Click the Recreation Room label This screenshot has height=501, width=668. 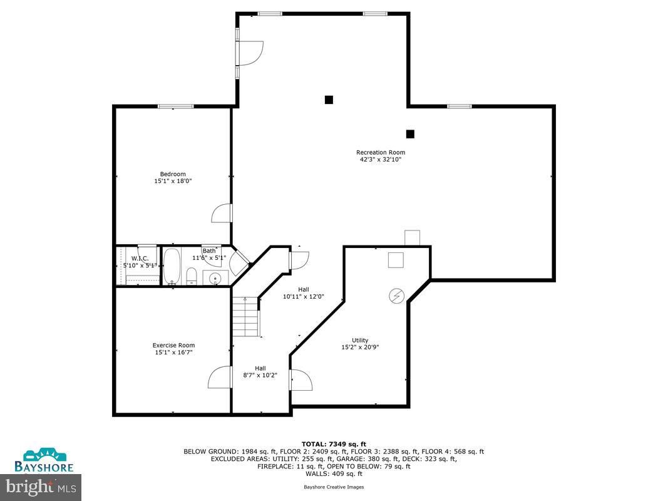380,152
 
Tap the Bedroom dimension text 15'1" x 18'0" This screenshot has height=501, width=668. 172,181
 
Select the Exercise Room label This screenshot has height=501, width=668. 173,345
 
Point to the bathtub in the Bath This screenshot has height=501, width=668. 172,266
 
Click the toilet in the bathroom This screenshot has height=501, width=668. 192,276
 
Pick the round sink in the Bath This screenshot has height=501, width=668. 215,277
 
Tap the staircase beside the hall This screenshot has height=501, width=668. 245,317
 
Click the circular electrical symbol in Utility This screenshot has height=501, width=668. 397,294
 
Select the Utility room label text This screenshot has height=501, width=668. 360,340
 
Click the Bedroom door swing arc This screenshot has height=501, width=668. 222,213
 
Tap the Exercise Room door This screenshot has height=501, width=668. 220,377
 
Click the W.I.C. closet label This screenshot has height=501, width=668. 139,259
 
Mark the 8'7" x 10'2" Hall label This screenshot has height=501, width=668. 260,371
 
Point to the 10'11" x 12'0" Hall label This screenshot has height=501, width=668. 304,292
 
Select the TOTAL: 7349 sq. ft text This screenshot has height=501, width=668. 333,443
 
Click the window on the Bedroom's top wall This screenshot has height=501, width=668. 175,106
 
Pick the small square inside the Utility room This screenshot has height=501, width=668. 395,260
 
